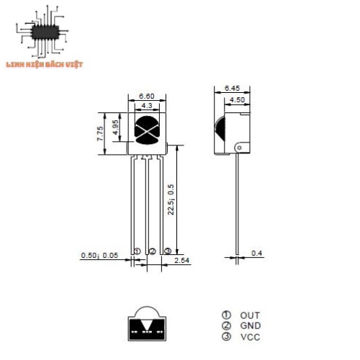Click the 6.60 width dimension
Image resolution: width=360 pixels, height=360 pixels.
[147, 96]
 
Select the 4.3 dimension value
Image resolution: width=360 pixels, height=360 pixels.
[147, 106]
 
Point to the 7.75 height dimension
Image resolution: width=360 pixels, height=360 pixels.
[100, 134]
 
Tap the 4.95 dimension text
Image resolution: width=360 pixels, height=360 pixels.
[115, 127]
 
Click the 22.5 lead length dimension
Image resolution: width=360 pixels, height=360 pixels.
[171, 199]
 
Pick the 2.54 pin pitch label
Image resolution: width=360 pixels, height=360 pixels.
[181, 261]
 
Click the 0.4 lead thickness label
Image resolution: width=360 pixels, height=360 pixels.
[257, 253]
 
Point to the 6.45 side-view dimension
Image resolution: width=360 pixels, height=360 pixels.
[232, 88]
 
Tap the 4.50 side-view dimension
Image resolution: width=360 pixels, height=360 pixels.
[237, 99]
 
